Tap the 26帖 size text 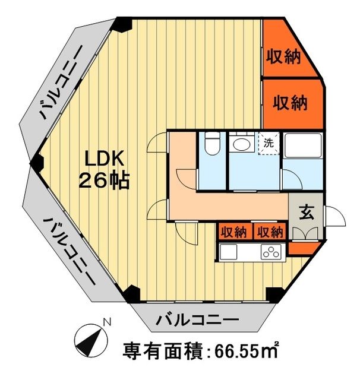pyautogui.click(x=105, y=180)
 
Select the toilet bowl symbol pyautogui.click(x=211, y=144)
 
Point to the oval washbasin pyautogui.click(x=241, y=144)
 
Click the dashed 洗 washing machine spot pyautogui.click(x=269, y=143)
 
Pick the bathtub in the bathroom pyautogui.click(x=302, y=145)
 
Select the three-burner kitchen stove pyautogui.click(x=271, y=252)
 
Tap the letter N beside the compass pyautogui.click(x=108, y=322)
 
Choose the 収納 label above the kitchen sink pyautogui.click(x=233, y=232)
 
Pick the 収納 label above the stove pyautogui.click(x=270, y=232)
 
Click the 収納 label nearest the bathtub pyautogui.click(x=290, y=103)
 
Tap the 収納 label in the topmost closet pyautogui.click(x=283, y=57)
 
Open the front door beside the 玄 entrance pyautogui.click(x=333, y=217)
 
